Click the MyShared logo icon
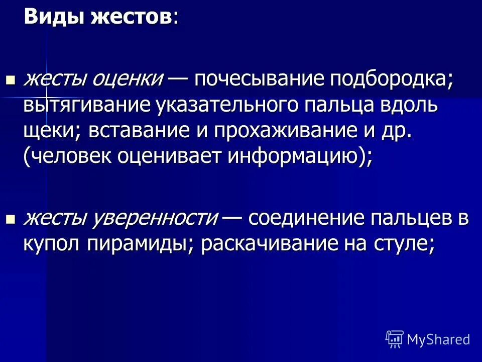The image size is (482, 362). (395, 339)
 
